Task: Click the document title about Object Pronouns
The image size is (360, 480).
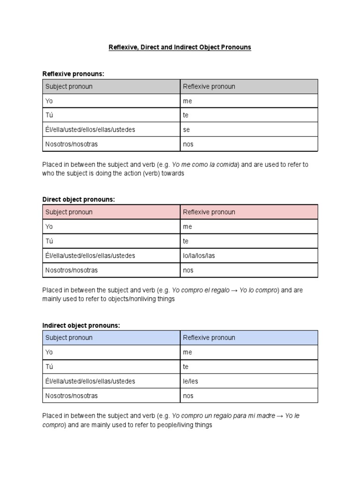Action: (x=180, y=47)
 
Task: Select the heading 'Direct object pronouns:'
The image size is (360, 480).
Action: (x=78, y=200)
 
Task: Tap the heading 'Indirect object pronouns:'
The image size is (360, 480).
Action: (x=81, y=325)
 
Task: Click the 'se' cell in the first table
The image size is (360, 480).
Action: (x=187, y=130)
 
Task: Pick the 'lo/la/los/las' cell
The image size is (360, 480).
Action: (x=199, y=255)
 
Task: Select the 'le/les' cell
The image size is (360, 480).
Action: (x=190, y=381)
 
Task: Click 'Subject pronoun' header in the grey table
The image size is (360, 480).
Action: (x=69, y=87)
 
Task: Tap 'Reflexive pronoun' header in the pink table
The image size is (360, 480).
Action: (x=209, y=212)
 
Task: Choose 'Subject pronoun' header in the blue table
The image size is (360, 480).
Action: (x=69, y=338)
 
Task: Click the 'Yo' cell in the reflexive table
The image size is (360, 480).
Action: (x=49, y=101)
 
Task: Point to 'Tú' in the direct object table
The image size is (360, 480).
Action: (x=49, y=241)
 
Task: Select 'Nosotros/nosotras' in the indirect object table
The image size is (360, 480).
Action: (x=71, y=396)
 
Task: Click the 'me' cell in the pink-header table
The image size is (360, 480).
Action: (x=187, y=227)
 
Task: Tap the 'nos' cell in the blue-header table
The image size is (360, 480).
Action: (x=188, y=396)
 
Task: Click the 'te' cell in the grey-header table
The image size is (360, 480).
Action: (x=186, y=115)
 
